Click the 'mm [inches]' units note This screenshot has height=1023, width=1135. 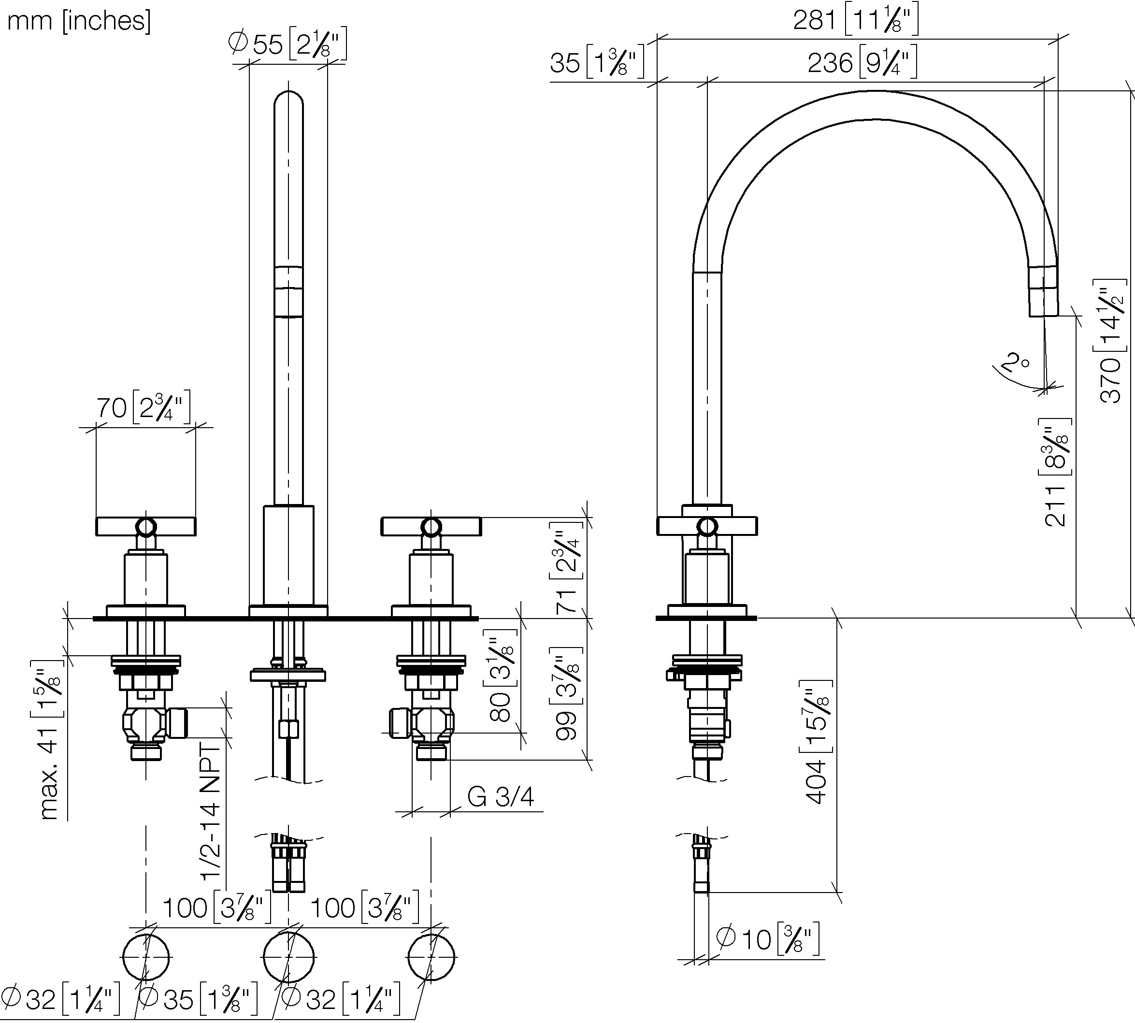click(79, 21)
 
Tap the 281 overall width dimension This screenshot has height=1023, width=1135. click(856, 20)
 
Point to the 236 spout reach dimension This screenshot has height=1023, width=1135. click(862, 62)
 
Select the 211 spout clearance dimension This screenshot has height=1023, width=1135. click(1056, 472)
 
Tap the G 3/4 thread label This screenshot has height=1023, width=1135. click(500, 796)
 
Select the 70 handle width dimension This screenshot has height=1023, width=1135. click(144, 407)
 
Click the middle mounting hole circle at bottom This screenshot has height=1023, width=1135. click(289, 957)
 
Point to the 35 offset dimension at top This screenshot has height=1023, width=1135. click(597, 62)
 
